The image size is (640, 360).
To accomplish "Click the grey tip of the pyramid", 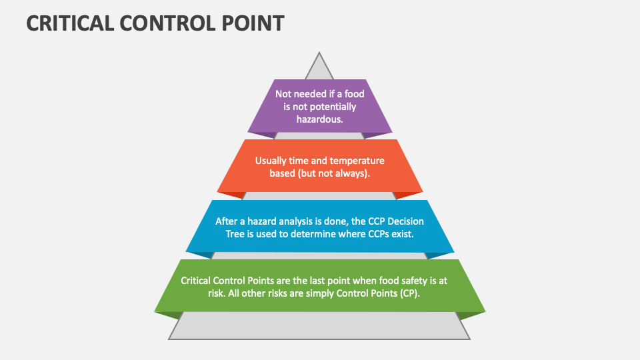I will pos(320,67).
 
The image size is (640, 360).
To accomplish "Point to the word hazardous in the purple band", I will pos(320,119).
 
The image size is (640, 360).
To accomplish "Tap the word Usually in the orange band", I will pos(272,161).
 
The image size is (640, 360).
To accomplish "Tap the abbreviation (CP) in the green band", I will pos(409,293).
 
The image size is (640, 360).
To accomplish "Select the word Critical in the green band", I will pos(198,281).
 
